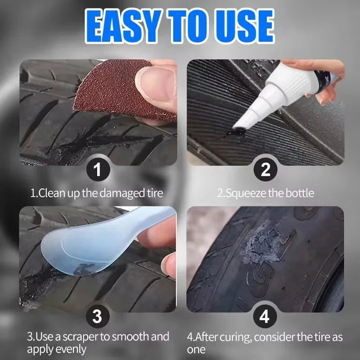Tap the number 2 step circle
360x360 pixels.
pos(265,170)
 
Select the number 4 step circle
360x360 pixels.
pos(265,317)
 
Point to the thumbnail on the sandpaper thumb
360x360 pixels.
pos(153,83)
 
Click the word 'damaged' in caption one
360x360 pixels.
pos(111,193)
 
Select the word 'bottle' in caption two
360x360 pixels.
pos(300,193)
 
